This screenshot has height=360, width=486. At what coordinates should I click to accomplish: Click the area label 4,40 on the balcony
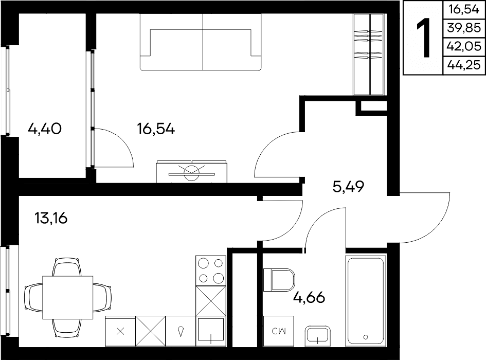click(45, 129)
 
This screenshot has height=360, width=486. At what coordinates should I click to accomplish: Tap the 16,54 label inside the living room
click(156, 129)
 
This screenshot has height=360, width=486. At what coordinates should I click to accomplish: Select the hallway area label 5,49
click(348, 187)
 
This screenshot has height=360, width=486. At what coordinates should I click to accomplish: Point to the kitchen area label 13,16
click(51, 218)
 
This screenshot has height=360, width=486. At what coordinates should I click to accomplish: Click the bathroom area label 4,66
click(309, 297)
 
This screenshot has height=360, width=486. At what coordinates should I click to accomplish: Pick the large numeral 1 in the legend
click(423, 38)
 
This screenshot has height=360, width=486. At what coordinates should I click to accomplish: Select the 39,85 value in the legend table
click(464, 28)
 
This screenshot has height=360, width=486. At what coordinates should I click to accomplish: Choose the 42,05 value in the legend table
click(464, 46)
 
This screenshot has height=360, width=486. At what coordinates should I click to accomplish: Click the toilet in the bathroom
click(279, 280)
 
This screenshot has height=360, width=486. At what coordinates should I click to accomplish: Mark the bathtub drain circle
click(366, 337)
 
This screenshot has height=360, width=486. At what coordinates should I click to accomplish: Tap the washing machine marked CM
click(278, 331)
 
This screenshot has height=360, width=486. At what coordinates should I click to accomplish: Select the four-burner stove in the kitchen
click(211, 271)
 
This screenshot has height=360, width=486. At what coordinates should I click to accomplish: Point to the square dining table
click(67, 297)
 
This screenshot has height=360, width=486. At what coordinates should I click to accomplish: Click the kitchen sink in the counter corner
click(211, 331)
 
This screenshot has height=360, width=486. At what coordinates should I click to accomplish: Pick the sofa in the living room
click(201, 42)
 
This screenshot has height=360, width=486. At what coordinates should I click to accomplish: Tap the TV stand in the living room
click(191, 171)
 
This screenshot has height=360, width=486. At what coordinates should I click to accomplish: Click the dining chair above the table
click(67, 267)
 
